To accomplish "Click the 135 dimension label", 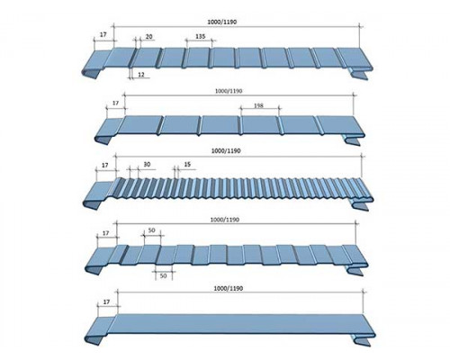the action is pyautogui.click(x=201, y=36).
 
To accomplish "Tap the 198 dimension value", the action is pyautogui.click(x=258, y=105).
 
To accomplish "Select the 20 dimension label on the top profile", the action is pyautogui.click(x=148, y=37).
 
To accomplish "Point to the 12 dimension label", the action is pyautogui.click(x=141, y=74).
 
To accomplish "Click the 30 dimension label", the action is pyautogui.click(x=147, y=165).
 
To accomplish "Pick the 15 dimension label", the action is pyautogui.click(x=187, y=165).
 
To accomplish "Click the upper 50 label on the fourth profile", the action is pyautogui.click(x=152, y=230).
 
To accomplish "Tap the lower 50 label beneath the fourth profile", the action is pyautogui.click(x=163, y=275).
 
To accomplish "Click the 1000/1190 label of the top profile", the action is pyautogui.click(x=222, y=22).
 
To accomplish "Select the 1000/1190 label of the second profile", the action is pyautogui.click(x=229, y=91).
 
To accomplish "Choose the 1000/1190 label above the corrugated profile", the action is pyautogui.click(x=226, y=151).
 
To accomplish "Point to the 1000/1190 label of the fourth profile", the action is pyautogui.click(x=225, y=220).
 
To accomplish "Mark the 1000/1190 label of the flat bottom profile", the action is pyautogui.click(x=229, y=288).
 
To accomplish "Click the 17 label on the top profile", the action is pyautogui.click(x=103, y=34).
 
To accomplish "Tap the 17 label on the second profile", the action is pyautogui.click(x=115, y=103).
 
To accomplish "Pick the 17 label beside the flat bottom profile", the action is pyautogui.click(x=106, y=302).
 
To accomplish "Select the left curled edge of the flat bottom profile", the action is pyautogui.click(x=94, y=339).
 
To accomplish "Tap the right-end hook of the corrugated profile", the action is pyautogui.click(x=361, y=205).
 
